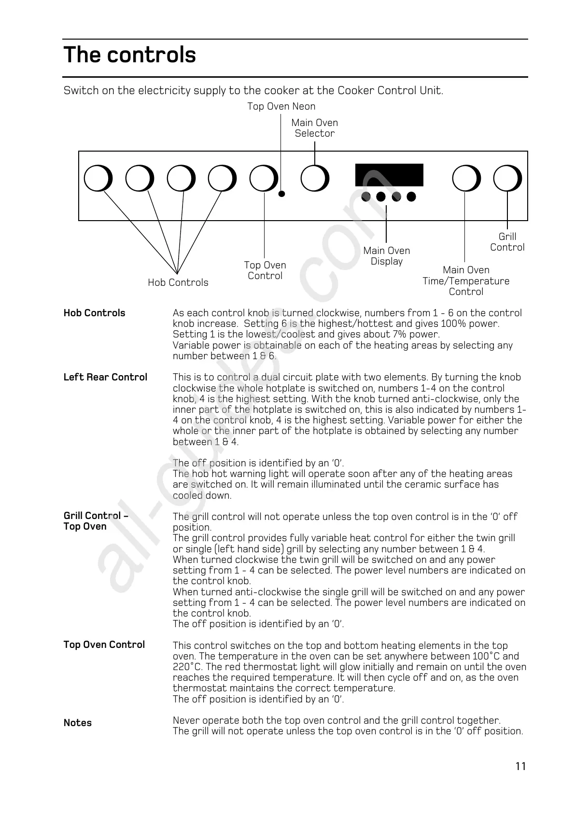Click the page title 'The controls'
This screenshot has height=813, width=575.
[x=129, y=55]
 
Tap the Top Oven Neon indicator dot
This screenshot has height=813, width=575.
[x=282, y=194]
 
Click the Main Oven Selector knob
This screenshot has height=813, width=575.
[x=314, y=179]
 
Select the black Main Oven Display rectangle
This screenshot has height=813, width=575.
[x=389, y=175]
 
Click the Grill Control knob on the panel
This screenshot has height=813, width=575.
[x=507, y=179]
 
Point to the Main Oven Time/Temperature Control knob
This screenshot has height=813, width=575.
[x=466, y=179]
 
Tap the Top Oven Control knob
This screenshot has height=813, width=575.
[x=264, y=179]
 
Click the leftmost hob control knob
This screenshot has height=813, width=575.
[x=98, y=179]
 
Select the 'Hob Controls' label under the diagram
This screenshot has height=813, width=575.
[x=178, y=283]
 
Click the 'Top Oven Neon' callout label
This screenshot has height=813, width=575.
[x=281, y=107]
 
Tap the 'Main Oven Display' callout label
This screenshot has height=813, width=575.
[x=387, y=256]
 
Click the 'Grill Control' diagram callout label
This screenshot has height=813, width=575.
[x=507, y=242]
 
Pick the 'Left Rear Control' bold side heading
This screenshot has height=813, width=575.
[x=105, y=378]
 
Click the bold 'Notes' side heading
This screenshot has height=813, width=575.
[x=78, y=723]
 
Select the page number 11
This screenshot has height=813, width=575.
[x=520, y=767]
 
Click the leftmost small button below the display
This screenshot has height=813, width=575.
[x=366, y=196]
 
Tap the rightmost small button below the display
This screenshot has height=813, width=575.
[x=411, y=196]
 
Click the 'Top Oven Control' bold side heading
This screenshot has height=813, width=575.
[x=104, y=645]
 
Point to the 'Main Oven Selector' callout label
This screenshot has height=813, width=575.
[x=315, y=128]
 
